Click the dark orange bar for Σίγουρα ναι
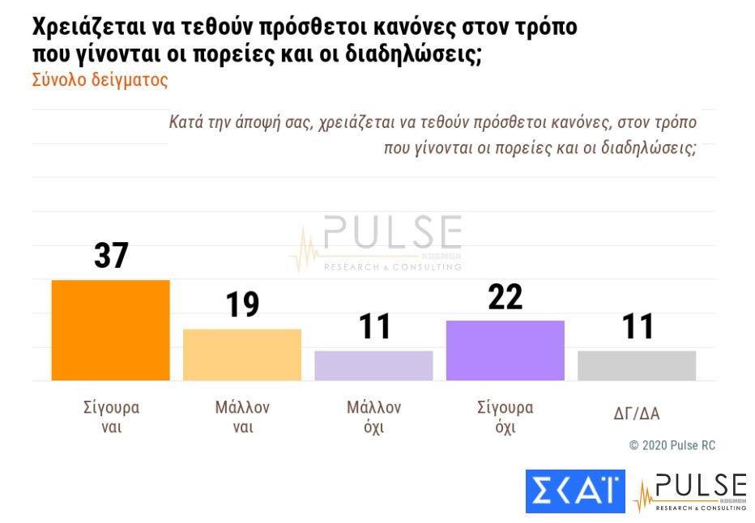click(110, 330)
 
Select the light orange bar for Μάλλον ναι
click(242, 355)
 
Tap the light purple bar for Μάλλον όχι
click(373, 365)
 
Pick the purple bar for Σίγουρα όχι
click(505, 351)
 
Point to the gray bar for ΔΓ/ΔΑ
click(637, 365)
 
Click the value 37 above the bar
click(111, 256)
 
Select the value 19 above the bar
click(242, 305)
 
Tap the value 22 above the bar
click(505, 296)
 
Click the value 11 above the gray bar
click(638, 327)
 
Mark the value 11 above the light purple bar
click(374, 327)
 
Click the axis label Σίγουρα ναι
click(112, 417)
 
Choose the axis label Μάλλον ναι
click(242, 417)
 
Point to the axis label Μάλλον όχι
click(373, 417)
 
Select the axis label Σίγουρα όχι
click(505, 417)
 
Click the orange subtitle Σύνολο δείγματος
click(100, 81)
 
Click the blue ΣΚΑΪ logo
click(574, 491)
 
